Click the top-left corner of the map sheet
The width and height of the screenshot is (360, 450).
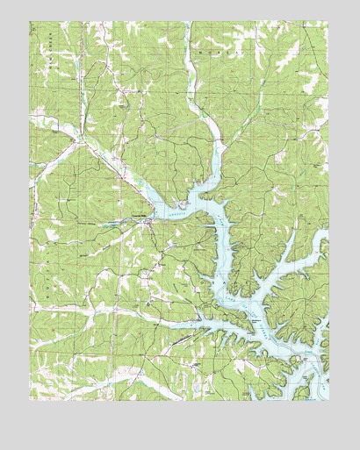[30, 22]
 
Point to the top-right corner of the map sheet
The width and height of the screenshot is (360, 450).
[328, 22]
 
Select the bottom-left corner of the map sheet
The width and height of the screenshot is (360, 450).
[30, 400]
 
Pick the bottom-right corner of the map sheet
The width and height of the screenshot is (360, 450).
[328, 400]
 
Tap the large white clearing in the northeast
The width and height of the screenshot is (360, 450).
[307, 83]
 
